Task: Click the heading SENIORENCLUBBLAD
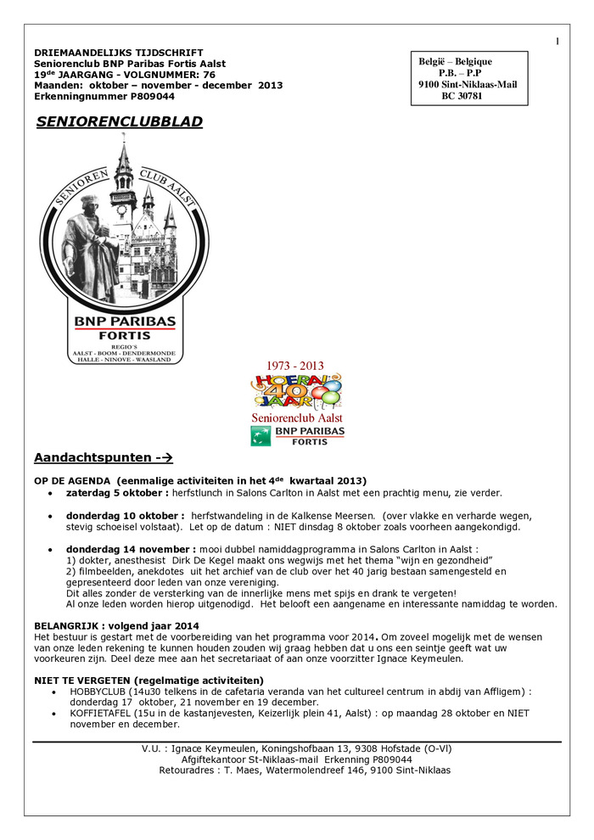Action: coord(120,122)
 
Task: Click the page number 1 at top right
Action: coord(558,42)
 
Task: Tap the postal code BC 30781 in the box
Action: coord(462,97)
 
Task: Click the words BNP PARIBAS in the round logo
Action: coord(124,321)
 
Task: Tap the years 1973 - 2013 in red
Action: coord(296,367)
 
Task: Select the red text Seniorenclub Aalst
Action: coord(297,418)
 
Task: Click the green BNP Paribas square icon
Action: coord(261,436)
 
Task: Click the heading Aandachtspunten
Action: coord(92,458)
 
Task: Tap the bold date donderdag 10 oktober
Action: coord(126,516)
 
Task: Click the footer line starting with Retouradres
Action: coord(304,770)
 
